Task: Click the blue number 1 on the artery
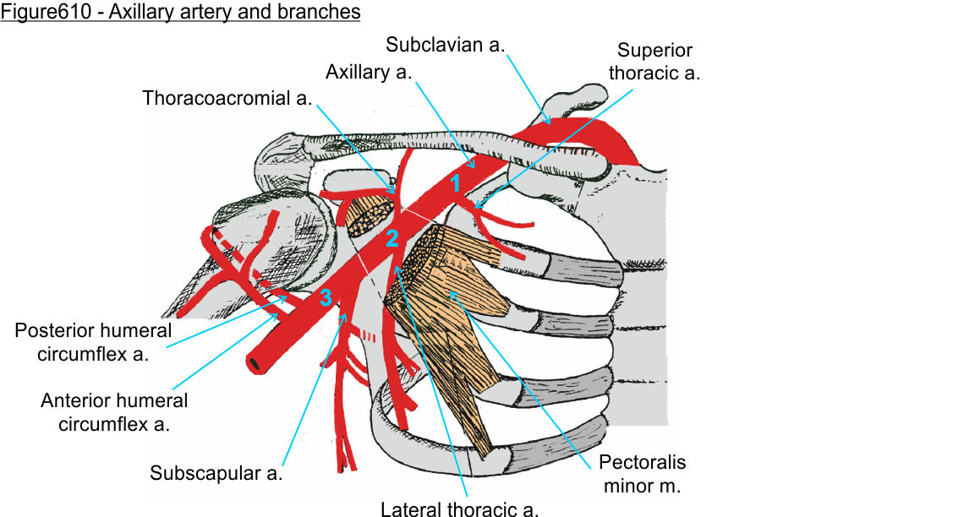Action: coord(454,182)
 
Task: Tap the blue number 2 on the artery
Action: coord(392,238)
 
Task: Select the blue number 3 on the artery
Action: coord(325,297)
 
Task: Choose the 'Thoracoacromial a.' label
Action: coord(227,98)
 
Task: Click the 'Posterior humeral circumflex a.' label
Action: coord(93,341)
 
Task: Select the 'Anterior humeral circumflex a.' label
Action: coord(114,411)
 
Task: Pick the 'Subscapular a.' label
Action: coord(216,473)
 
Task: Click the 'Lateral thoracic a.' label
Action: coord(459,509)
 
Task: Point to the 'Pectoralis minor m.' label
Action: coord(642,474)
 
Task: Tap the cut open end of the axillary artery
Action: coord(253,364)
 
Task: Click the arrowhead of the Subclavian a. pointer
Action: coord(551,122)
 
